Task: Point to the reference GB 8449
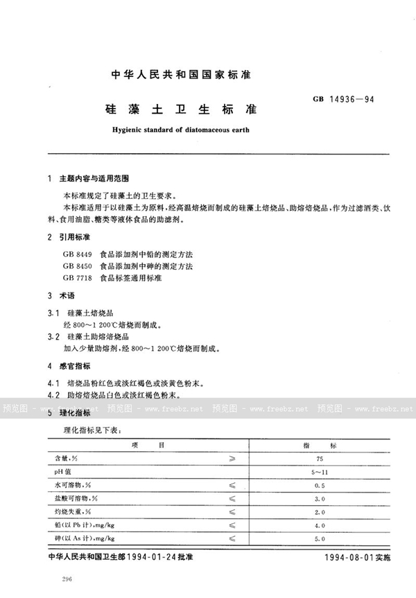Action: (x=76, y=254)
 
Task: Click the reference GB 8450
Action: (x=76, y=265)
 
